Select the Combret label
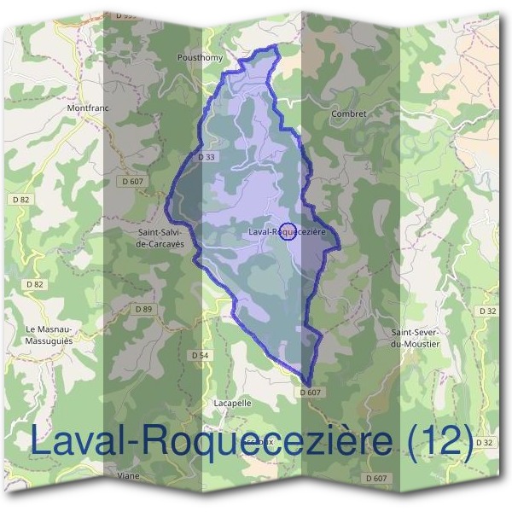(350, 113)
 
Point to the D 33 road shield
(205, 157)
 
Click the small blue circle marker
(288, 231)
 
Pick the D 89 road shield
(143, 308)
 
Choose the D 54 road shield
(200, 354)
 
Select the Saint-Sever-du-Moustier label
(415, 338)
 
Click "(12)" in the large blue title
(440, 440)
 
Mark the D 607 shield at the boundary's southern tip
(311, 392)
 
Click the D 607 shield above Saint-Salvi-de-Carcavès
(132, 182)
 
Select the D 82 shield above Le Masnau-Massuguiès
(34, 284)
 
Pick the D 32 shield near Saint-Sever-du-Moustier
(487, 311)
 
